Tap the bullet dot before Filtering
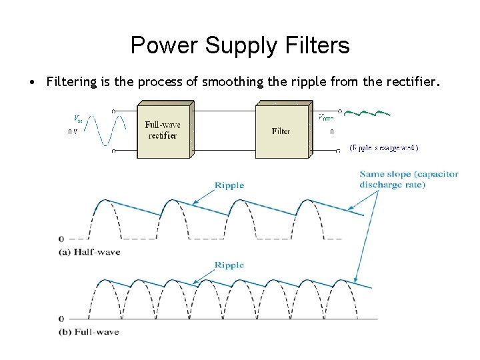click(x=31, y=83)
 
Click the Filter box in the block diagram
click(x=281, y=131)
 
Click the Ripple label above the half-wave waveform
click(x=229, y=185)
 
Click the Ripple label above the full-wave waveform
click(x=229, y=265)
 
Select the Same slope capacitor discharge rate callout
click(x=409, y=179)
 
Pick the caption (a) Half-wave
click(x=89, y=252)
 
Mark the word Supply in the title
click(x=236, y=45)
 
